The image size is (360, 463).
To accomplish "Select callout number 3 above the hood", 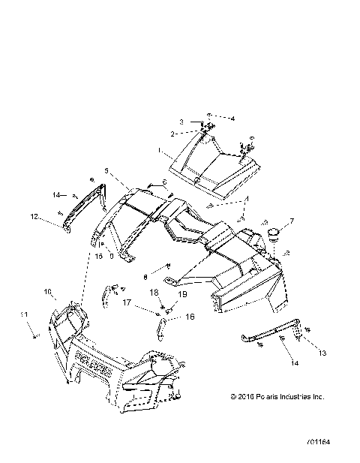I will [181, 122].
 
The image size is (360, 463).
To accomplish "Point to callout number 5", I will [106, 171].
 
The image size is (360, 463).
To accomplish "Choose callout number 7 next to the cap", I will [292, 221].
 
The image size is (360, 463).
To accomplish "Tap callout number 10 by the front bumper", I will [46, 290].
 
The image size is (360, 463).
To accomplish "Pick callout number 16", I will [190, 317].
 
